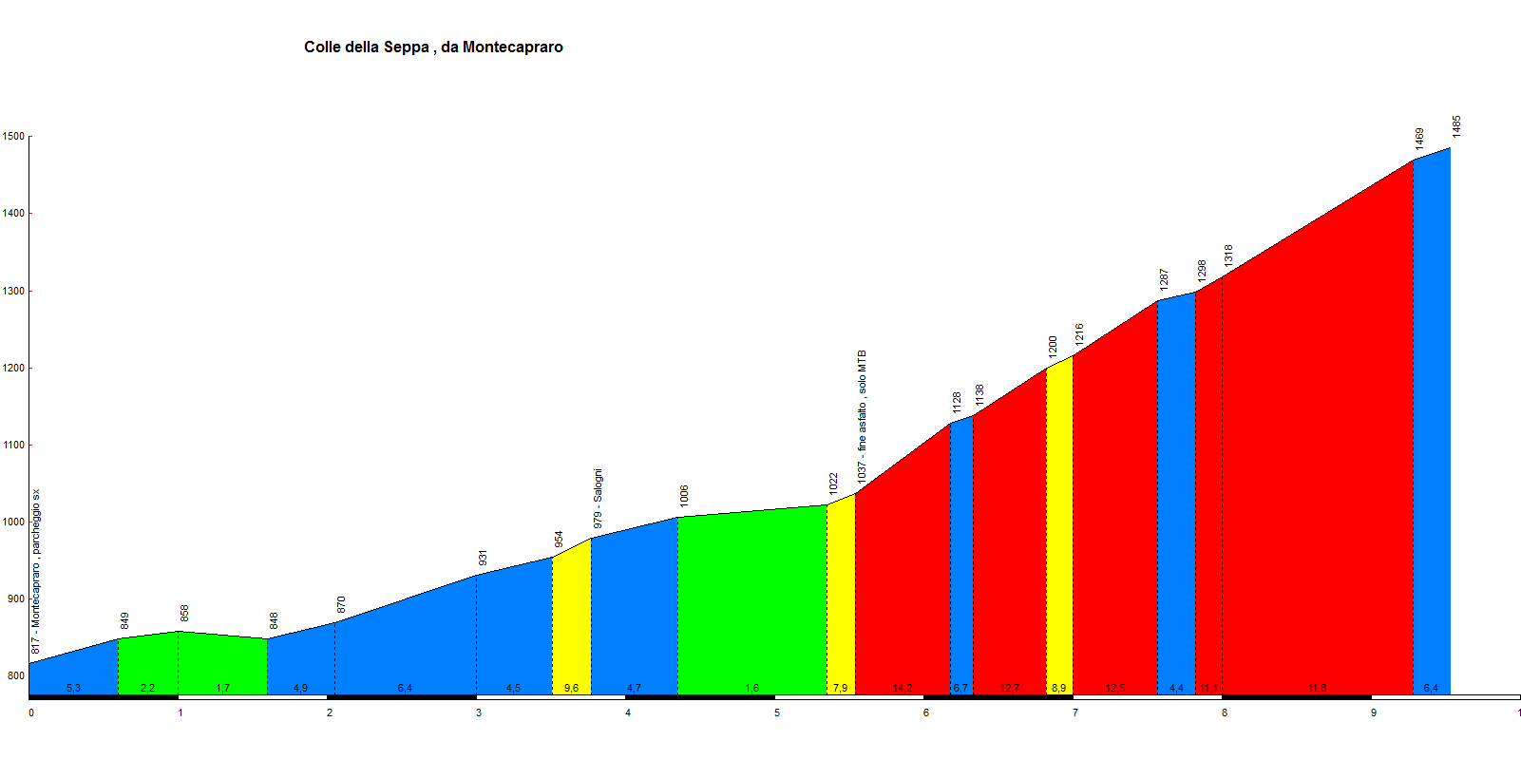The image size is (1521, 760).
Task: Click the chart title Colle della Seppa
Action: click(433, 47)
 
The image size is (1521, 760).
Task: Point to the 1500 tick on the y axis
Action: click(13, 137)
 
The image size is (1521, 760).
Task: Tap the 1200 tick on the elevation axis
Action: click(13, 368)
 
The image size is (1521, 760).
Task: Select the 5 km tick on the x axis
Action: click(777, 712)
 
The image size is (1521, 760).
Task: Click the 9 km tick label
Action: click(1374, 712)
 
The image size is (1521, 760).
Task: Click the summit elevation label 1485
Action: click(1456, 126)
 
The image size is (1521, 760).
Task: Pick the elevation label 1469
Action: click(1419, 139)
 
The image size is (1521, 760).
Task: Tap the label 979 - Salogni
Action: click(598, 499)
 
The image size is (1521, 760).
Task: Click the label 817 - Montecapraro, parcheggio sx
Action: click(36, 572)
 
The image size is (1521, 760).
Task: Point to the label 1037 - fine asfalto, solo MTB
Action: click(863, 416)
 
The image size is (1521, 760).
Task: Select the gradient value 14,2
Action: click(903, 688)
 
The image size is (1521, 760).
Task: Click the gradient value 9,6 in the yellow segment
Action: click(571, 688)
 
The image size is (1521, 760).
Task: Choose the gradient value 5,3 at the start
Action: click(73, 688)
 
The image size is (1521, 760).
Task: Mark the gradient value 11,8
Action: click(1317, 688)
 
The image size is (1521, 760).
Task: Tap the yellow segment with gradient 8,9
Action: click(1059, 532)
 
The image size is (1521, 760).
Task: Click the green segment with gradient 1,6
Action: click(751, 608)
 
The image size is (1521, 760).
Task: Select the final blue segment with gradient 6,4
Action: click(1432, 427)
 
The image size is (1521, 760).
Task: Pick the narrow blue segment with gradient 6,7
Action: click(961, 560)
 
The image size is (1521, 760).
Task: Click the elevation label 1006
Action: click(684, 495)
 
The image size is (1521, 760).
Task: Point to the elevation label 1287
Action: click(1164, 278)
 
